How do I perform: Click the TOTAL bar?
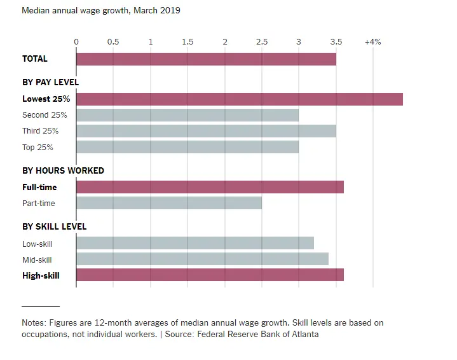206,59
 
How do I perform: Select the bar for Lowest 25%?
239,99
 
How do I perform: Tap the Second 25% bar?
187,115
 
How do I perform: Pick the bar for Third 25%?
206,131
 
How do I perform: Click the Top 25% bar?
187,147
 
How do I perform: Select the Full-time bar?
210,187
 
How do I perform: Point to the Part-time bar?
168,203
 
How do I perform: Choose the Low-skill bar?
194,243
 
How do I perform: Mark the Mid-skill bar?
202,259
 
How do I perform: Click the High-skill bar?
210,275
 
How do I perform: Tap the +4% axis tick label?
372,42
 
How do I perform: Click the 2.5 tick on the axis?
262,42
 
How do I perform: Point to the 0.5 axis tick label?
113,42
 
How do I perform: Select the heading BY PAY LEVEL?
50,82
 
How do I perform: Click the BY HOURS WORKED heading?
63,170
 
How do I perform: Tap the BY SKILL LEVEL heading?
54,226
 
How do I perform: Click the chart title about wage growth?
101,11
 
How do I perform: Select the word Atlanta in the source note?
303,334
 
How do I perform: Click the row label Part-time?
39,204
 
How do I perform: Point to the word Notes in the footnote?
33,323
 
